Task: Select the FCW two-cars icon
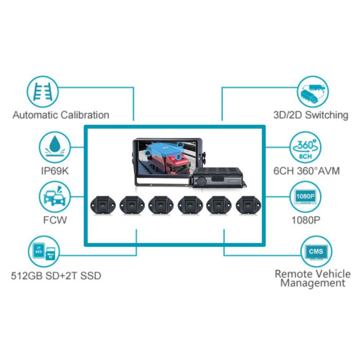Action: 54,197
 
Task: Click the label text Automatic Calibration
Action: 61,115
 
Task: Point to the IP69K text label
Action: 54,171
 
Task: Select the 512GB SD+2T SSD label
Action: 56,276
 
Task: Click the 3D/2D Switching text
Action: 311,115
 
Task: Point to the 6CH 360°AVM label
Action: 306,171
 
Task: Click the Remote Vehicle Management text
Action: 312,278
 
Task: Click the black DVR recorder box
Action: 218,178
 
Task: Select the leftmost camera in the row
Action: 102,205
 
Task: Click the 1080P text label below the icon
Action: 306,220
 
